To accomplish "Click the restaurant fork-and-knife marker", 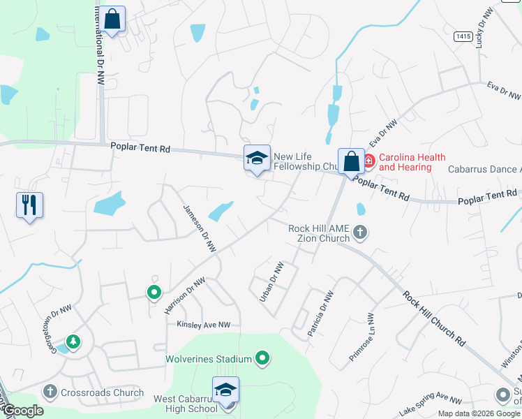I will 29,205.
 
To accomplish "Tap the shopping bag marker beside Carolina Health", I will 351,161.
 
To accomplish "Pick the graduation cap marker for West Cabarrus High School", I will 225,390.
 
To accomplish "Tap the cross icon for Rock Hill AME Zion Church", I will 360,232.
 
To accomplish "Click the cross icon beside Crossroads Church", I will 50,392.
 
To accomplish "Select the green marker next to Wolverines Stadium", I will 262,359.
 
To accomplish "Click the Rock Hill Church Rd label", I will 433,318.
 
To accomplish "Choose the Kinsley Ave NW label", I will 203,325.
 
